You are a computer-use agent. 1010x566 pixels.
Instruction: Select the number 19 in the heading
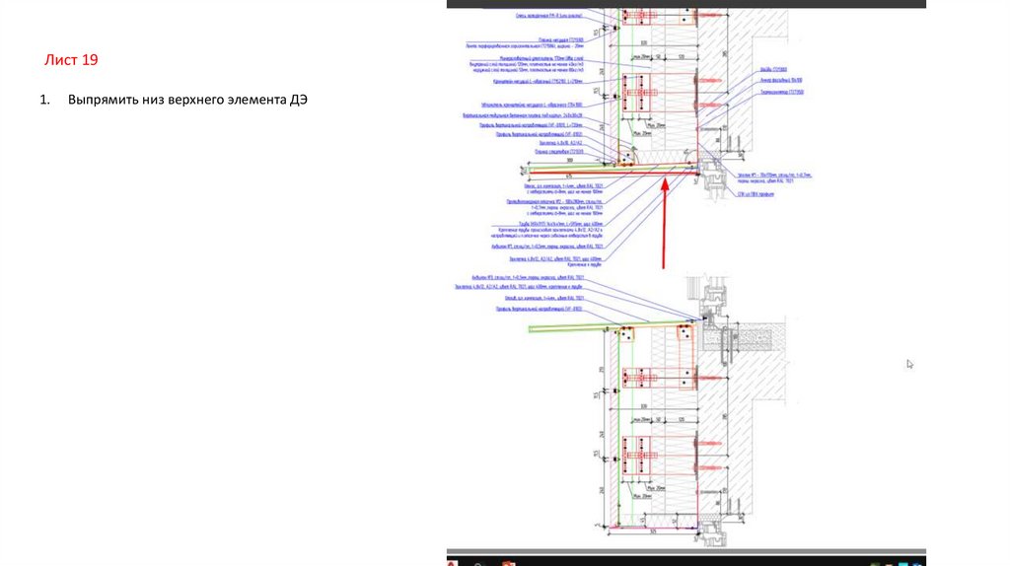point(89,61)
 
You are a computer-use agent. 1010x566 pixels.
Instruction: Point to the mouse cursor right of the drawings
point(909,364)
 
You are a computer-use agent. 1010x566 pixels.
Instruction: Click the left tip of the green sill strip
point(532,328)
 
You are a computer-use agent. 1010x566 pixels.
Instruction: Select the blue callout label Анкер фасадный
point(775,80)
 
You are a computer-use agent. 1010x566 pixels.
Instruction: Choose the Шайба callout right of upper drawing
point(773,70)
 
